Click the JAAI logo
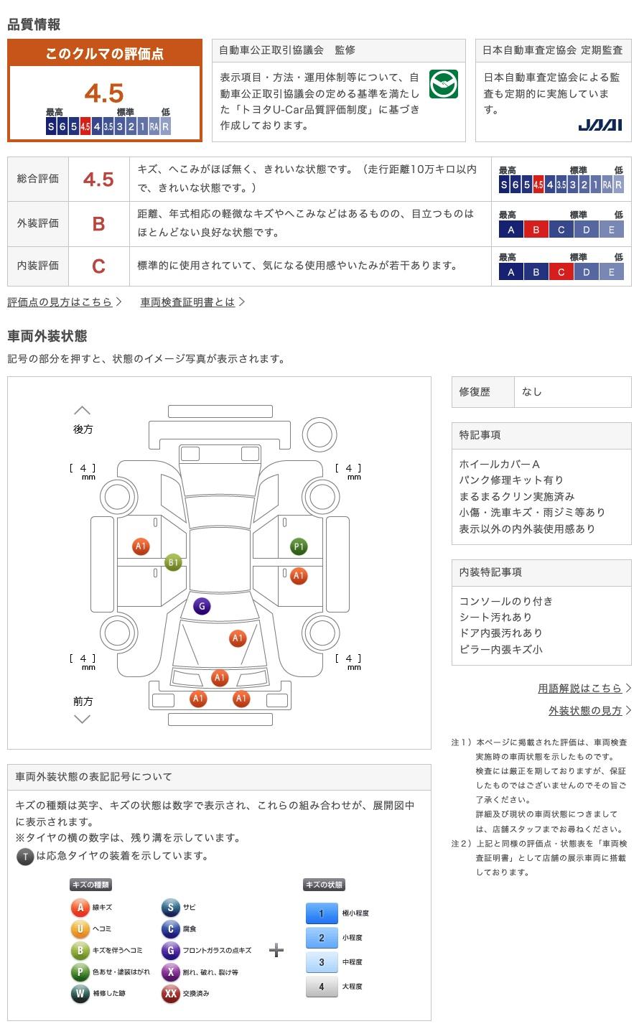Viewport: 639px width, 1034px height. [x=600, y=125]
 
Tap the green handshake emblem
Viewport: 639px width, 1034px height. [x=443, y=84]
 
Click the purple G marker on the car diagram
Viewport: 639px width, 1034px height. [x=202, y=606]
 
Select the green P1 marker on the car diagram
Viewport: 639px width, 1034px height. [x=299, y=546]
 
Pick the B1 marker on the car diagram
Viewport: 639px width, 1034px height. [x=173, y=562]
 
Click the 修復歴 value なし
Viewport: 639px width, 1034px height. [x=531, y=392]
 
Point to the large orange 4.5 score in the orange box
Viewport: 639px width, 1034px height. [x=104, y=93]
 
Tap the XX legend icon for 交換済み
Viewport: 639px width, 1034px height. [x=171, y=993]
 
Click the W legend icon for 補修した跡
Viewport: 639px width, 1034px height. [x=80, y=993]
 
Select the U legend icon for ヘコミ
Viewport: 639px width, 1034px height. [x=80, y=928]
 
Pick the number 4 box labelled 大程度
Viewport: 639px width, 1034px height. [x=322, y=987]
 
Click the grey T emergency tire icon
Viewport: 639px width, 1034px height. [x=25, y=856]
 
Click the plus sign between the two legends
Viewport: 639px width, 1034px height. [x=276, y=950]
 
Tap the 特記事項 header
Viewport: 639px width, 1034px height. [x=480, y=435]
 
